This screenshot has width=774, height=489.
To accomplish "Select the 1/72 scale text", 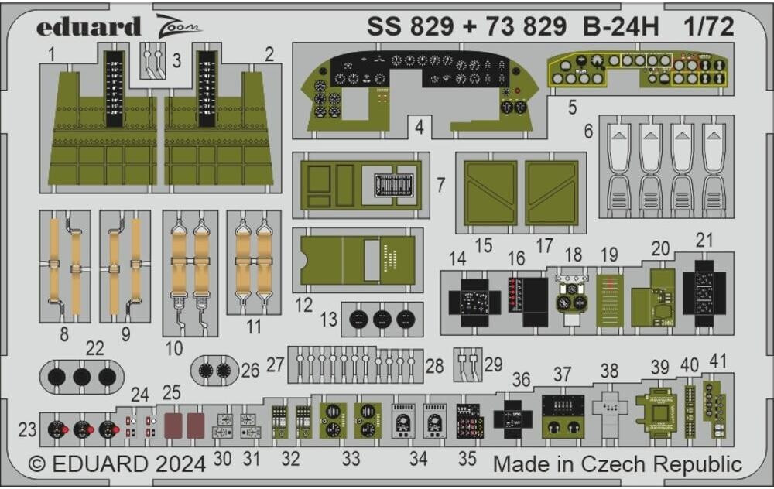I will (709, 27).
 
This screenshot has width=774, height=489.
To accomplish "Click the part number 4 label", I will (419, 128).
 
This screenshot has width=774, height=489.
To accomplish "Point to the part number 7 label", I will (440, 185).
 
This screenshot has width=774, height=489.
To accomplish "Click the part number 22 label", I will (94, 349).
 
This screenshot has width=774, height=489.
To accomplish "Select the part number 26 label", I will (250, 371).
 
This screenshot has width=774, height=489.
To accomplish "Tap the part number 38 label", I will (609, 371).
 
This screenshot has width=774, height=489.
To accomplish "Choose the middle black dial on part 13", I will (382, 320).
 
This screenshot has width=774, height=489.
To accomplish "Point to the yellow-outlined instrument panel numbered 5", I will (639, 68).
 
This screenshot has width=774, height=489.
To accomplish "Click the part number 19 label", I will (609, 255).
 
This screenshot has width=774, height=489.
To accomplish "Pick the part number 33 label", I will (351, 459).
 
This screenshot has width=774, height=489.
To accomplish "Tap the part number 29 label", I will (492, 363).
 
